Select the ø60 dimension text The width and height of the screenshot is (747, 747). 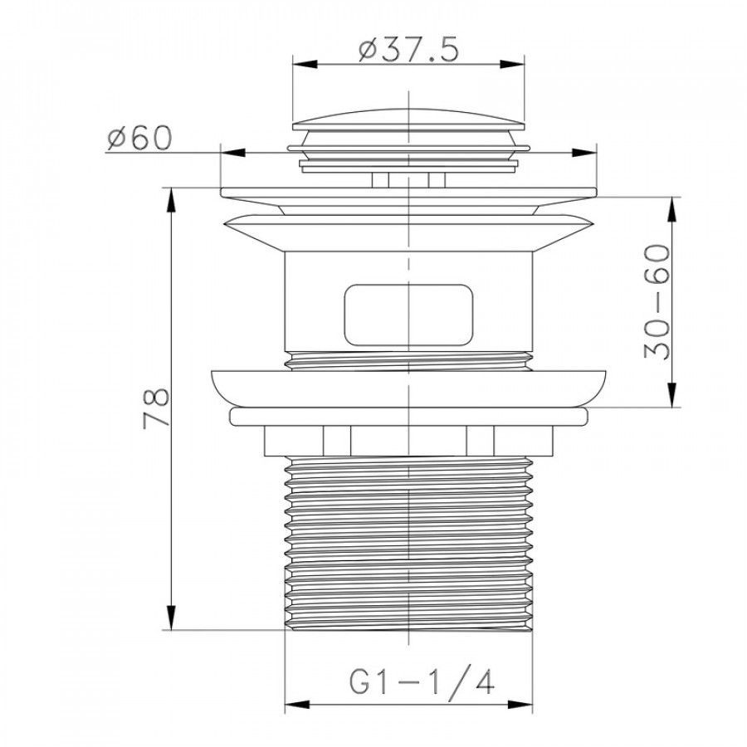click(139, 138)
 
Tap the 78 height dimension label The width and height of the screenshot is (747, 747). click(157, 408)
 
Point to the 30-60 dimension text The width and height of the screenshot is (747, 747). click(657, 301)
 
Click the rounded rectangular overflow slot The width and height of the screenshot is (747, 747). click(408, 315)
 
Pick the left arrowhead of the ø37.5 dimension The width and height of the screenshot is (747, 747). click(305, 64)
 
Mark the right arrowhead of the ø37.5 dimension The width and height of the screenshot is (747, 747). click(512, 64)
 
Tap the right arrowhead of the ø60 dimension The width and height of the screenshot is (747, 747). click(584, 153)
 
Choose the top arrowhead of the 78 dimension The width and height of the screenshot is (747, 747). click(170, 201)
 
